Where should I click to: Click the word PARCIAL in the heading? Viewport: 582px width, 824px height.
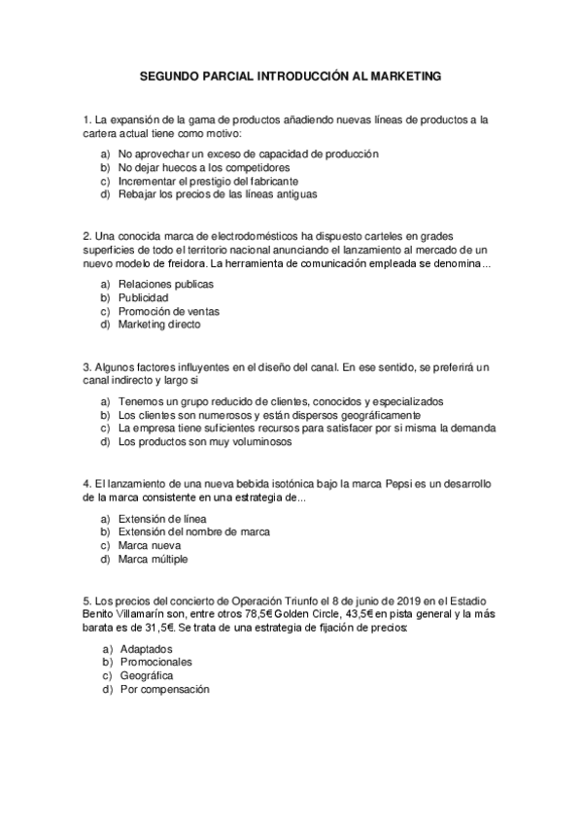[223, 74]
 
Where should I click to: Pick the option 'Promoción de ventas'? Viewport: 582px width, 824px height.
[169, 311]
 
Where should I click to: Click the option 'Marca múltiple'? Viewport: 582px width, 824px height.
[154, 559]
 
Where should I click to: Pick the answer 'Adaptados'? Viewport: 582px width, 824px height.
[146, 648]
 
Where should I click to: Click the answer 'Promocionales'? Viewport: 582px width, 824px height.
[155, 662]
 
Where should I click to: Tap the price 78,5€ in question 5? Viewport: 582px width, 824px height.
[257, 613]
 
